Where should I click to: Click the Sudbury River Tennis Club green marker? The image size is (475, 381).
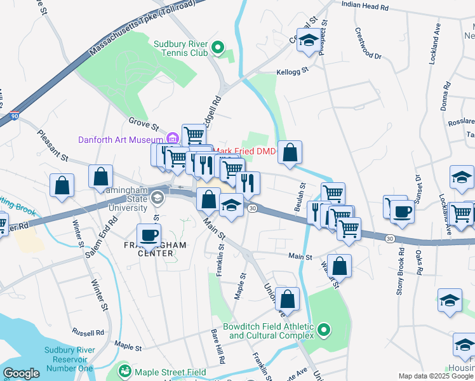[217, 46]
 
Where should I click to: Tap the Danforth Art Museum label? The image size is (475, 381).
[121, 140]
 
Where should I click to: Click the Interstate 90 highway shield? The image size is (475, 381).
[15, 116]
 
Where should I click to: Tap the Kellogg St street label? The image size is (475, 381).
[291, 71]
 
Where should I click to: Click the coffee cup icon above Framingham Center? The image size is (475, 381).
[149, 235]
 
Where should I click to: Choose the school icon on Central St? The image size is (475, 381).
[309, 39]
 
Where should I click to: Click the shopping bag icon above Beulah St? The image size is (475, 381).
[290, 152]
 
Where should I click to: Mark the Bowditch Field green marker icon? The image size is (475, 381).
[324, 329]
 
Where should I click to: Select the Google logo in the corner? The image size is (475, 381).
[21, 373]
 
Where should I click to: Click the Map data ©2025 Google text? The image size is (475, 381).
[435, 376]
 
